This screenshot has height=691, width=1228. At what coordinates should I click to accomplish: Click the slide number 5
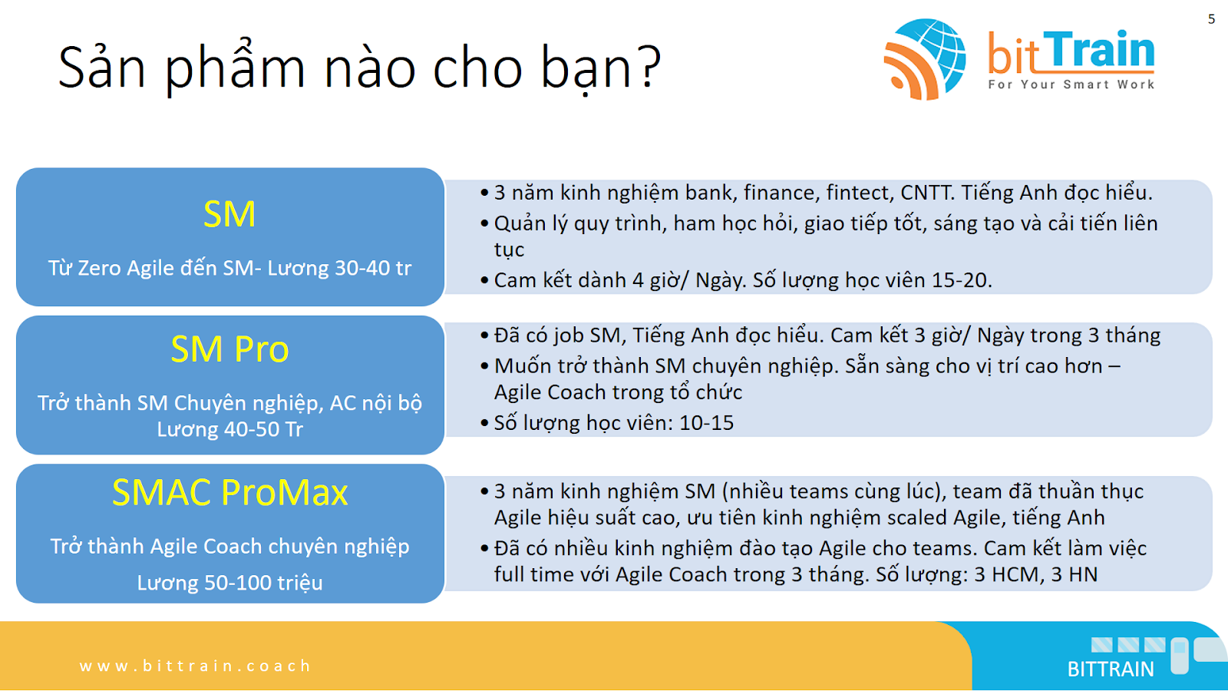[1211, 19]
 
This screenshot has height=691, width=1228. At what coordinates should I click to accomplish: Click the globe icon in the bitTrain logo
[925, 59]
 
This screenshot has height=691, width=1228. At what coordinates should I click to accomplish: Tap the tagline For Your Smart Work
[1071, 84]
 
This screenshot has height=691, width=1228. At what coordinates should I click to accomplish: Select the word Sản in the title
[101, 66]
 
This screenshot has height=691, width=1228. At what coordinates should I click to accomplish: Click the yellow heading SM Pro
[229, 349]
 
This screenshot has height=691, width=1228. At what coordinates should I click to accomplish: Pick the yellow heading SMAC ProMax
[229, 492]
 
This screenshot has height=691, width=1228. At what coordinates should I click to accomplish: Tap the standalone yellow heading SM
[229, 214]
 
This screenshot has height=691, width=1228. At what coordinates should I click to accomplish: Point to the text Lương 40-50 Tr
[229, 429]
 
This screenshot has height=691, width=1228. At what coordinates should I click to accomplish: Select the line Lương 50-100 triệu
[229, 583]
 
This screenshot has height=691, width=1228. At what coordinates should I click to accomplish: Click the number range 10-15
[706, 423]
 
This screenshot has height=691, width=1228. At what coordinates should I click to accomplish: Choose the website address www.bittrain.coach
[195, 666]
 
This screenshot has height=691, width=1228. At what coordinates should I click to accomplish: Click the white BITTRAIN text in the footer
[1111, 669]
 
